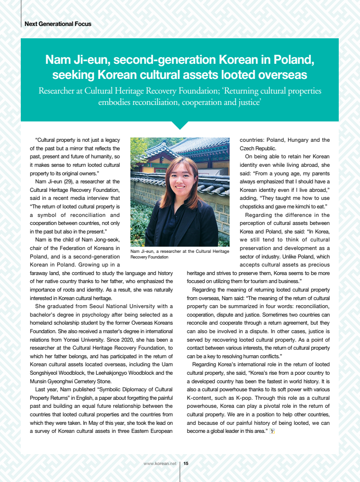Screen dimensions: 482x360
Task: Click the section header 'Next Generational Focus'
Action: point(58,24)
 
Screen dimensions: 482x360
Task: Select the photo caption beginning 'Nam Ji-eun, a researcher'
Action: point(180,254)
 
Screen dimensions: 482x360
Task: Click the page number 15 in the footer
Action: point(186,464)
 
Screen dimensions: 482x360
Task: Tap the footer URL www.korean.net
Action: point(160,464)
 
